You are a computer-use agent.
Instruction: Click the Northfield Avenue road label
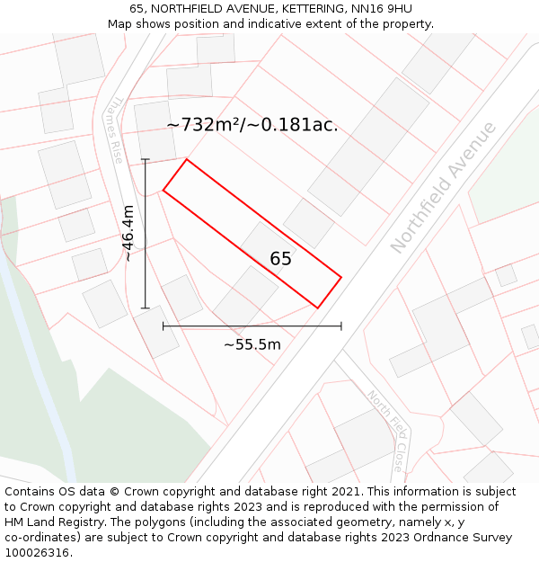point(443,187)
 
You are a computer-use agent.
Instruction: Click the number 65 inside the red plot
point(280,259)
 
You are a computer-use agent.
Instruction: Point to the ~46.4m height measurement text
point(128,234)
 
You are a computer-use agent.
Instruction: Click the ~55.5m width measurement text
point(252,343)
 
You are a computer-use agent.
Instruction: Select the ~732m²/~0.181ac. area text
point(252,125)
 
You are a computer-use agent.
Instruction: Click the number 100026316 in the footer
point(37,553)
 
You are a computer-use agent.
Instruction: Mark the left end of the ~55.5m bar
point(163,326)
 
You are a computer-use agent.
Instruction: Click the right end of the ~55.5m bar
point(341,326)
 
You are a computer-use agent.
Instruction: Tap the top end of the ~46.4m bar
point(146,159)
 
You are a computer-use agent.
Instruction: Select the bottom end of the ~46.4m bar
point(146,308)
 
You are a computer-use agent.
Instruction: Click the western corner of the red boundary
point(163,190)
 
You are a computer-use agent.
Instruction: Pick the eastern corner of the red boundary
point(341,277)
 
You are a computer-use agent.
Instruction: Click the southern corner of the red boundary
point(318,308)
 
